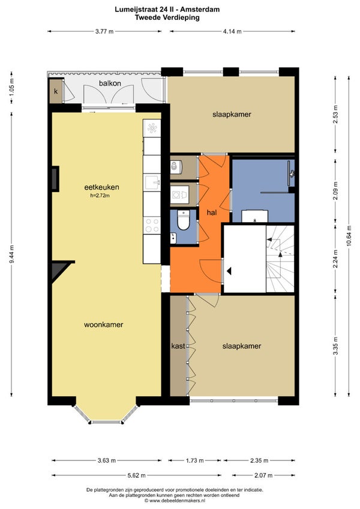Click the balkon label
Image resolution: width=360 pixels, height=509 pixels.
[x=110, y=83]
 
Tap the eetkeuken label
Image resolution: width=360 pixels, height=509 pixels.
[x=101, y=187]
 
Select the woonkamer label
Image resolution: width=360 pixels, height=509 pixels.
[x=104, y=325]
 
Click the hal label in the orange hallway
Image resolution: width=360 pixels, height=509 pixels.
[x=212, y=212]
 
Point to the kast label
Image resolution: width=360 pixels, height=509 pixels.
[x=178, y=346]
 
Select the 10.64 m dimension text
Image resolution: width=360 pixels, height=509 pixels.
[x=349, y=236]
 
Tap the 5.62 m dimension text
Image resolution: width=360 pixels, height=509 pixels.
[x=137, y=475]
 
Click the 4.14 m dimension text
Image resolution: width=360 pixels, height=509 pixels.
[x=232, y=31]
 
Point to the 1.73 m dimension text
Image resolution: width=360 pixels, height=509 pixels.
[x=195, y=460]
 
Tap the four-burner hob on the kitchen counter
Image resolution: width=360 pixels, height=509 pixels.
[x=152, y=225]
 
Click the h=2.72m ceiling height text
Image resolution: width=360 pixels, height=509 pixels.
[x=100, y=196]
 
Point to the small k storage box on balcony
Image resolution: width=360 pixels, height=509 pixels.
[x=56, y=91]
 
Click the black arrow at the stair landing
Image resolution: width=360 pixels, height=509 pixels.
[x=229, y=271]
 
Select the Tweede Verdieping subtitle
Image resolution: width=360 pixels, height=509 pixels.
[x=167, y=17]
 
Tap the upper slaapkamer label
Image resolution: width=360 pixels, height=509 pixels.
[x=232, y=114]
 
